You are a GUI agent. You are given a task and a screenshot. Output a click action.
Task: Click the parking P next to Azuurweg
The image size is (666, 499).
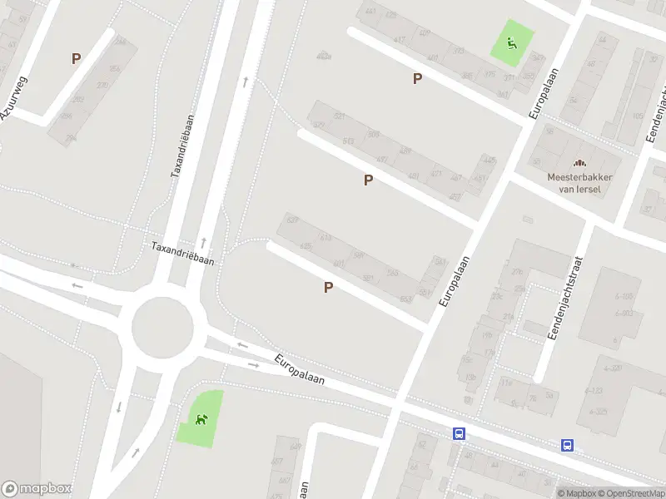[76, 59]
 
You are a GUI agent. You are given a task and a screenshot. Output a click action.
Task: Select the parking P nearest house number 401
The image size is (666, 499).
[417, 78]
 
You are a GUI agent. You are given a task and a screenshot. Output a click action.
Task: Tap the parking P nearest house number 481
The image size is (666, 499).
[367, 180]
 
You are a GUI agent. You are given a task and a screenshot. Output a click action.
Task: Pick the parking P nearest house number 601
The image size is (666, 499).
[328, 288]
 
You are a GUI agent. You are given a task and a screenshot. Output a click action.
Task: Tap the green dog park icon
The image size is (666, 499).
[201, 417]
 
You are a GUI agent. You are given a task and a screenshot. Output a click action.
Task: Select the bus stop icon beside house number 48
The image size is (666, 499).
[459, 433]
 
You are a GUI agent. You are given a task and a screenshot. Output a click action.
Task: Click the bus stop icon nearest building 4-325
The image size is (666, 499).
[568, 445]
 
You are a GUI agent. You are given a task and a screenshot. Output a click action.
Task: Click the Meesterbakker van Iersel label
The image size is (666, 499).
[579, 183]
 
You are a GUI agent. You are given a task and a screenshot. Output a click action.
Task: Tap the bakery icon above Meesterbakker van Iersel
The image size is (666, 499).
[579, 163]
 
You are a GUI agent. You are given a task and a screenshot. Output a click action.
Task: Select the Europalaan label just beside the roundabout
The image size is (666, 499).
[300, 372]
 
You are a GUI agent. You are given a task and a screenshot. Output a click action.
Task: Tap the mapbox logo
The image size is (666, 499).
[37, 489]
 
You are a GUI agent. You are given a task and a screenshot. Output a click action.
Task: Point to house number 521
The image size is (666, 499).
[339, 116]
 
